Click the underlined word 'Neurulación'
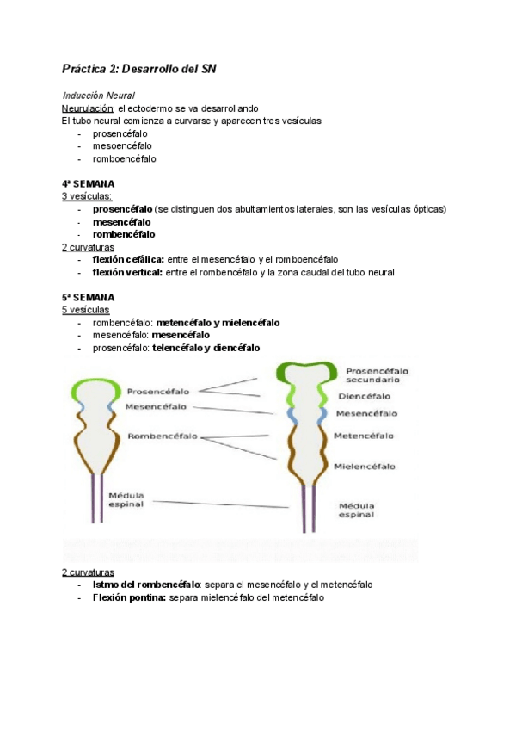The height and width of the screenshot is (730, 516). [x=88, y=109]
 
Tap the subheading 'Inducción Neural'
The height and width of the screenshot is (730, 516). [x=99, y=96]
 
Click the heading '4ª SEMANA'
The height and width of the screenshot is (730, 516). [x=88, y=184]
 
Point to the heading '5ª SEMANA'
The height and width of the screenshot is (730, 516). [x=88, y=297]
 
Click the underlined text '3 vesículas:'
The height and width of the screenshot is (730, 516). [x=87, y=196]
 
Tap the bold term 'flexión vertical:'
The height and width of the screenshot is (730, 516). [x=127, y=272]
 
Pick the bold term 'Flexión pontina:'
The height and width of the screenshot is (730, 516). [x=129, y=597]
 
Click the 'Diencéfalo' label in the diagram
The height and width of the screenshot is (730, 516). [x=364, y=396]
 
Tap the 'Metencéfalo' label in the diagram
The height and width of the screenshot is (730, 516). [x=365, y=436]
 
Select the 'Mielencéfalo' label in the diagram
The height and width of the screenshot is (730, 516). [x=365, y=467]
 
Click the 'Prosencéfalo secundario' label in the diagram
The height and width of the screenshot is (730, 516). [x=377, y=374]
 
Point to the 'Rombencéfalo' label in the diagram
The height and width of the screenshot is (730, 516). [x=162, y=436]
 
